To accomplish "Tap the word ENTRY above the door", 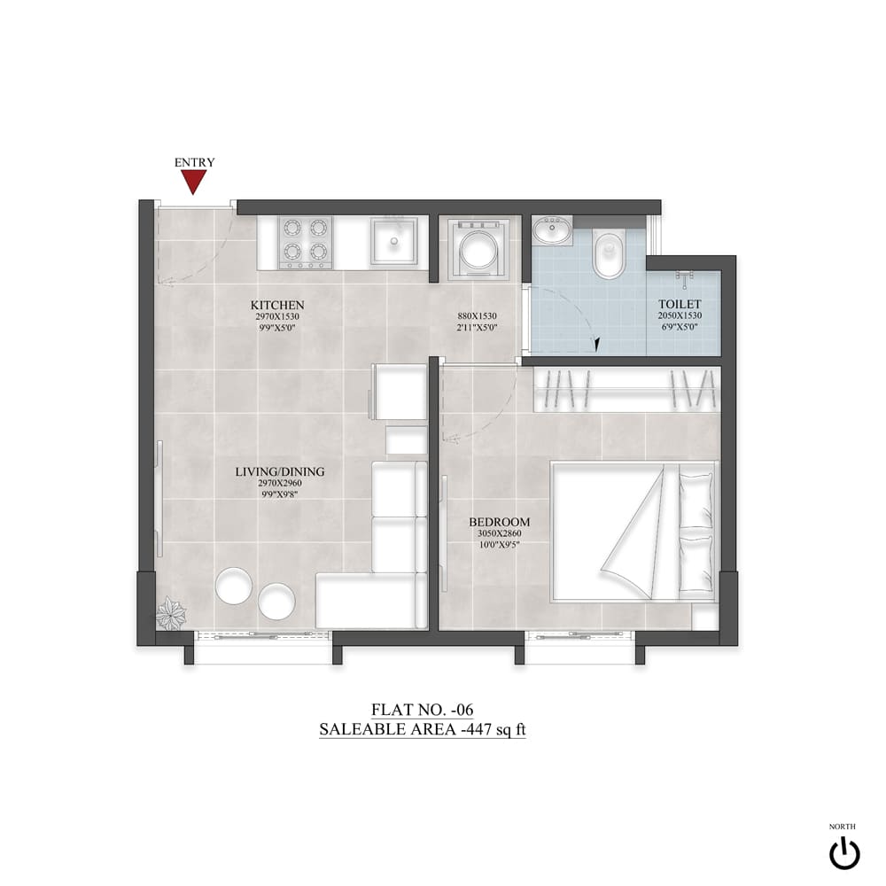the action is coord(194,162).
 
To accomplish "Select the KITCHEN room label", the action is coord(276,305).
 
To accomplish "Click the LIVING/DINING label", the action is coord(280,471).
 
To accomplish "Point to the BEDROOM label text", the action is coord(500,522).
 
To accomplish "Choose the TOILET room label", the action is coord(680,304).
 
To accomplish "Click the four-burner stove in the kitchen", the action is coord(305,243).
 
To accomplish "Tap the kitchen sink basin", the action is coord(394,241).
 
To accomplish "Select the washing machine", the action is coord(479,249).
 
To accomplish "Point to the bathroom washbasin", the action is coord(552,230).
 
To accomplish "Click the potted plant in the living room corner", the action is coord(171,613).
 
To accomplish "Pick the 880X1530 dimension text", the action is coord(478,316).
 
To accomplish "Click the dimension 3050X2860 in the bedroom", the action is coord(500,533).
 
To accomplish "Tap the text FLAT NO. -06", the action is coord(422,709).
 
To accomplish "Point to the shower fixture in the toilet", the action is coord(684,278).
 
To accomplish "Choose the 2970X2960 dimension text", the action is coord(280,483).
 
